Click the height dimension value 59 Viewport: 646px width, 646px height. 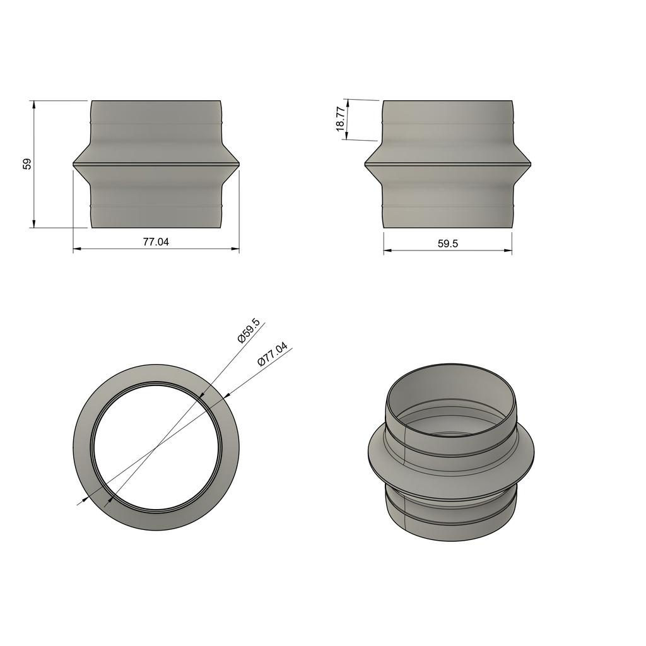26,164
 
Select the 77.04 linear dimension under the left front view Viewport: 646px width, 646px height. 156,242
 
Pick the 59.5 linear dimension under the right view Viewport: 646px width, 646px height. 447,244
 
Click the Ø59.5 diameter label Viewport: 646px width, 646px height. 249,331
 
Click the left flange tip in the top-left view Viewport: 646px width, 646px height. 74,164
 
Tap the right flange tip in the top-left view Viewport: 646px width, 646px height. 239,164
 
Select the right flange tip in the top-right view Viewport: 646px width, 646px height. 531,164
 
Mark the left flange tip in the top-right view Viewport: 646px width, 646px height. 365,164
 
